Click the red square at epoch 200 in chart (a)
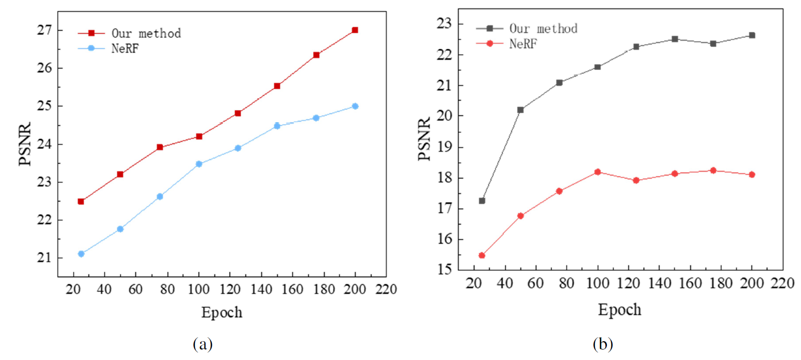(355, 30)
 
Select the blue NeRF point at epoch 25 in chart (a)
(81, 254)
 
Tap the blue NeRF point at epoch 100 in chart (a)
(199, 164)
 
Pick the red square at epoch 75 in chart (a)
(160, 147)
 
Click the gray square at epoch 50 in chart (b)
(521, 110)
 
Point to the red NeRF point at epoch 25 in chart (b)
(482, 255)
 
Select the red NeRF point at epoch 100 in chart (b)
(598, 172)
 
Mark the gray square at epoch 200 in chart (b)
(752, 35)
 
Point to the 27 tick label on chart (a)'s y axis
(44, 30)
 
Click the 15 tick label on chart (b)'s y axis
(444, 269)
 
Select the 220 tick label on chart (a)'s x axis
(386, 289)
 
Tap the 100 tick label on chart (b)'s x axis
(598, 284)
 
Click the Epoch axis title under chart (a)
(222, 312)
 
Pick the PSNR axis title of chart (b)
(425, 140)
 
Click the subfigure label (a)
(202, 344)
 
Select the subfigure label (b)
(602, 344)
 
